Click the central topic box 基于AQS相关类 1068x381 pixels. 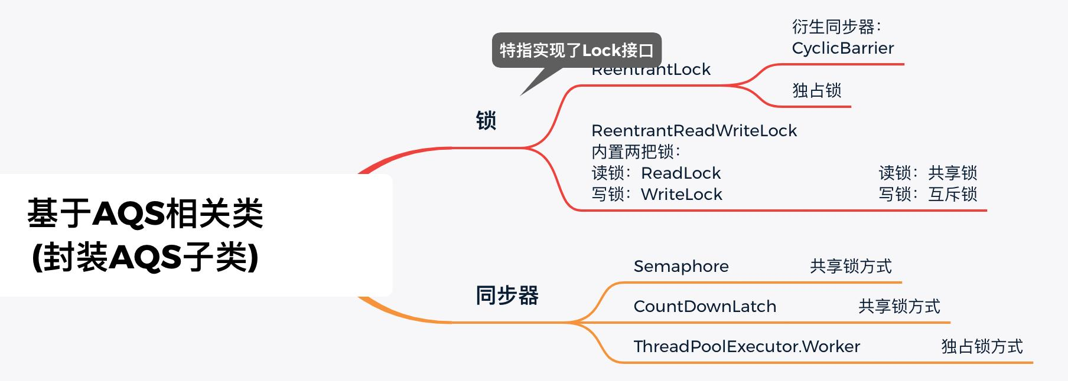click(x=145, y=235)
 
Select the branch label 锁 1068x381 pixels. click(x=486, y=121)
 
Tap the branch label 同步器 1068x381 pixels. click(x=507, y=295)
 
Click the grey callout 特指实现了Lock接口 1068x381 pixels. click(x=576, y=50)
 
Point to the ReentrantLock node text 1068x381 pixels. click(x=651, y=71)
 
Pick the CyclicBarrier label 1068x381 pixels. click(x=842, y=48)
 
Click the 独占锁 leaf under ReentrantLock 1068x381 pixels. click(x=816, y=90)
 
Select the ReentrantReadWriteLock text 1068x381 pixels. click(x=694, y=130)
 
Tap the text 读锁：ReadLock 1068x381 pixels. click(x=656, y=173)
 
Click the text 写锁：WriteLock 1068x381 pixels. click(x=657, y=194)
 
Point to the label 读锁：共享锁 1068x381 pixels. click(x=927, y=173)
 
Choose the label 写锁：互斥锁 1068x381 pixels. click(x=927, y=194)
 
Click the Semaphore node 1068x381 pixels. click(x=681, y=267)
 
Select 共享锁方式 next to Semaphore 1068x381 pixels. click(x=851, y=267)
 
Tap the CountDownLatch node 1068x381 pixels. click(x=705, y=307)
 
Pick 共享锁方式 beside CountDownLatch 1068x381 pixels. click(x=899, y=307)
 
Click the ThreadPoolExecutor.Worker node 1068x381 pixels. click(x=747, y=347)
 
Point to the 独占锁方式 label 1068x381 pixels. click(x=982, y=347)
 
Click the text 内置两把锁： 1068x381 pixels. click(x=636, y=152)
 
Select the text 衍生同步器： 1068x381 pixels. click(x=836, y=27)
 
